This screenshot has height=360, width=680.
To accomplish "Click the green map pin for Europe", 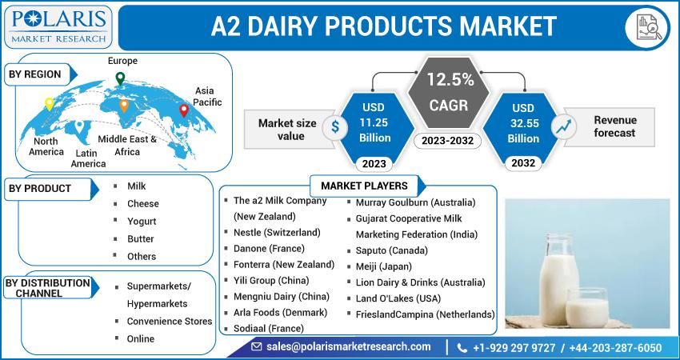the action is coord(120,78).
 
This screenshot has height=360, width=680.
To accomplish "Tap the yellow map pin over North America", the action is coord(50,104).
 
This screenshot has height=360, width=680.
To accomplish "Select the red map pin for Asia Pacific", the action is coord(184,110).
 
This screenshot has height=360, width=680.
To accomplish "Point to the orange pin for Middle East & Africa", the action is coord(124,106).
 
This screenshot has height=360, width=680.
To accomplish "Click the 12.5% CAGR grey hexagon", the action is coord(449,92).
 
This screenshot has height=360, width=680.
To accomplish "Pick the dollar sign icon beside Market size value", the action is coord(335,126).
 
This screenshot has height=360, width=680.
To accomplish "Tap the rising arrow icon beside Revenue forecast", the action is coord(563,126).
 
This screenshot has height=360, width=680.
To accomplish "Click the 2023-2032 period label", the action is coord(447,141).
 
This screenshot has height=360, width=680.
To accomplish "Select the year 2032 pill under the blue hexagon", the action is coord(523,163).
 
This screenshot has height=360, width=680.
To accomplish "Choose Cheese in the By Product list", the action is coord(142,204).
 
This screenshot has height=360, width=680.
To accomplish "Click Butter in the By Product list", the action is coord(141,239).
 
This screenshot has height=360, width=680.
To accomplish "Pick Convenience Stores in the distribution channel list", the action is coord(170,322).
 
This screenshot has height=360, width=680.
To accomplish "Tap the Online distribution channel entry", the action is coord(141,338).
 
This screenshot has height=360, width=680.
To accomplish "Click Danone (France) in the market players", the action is coord(269,249).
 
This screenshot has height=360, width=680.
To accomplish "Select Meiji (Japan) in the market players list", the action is coord(384,266).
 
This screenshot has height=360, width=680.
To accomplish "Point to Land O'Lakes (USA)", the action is coord(398,298).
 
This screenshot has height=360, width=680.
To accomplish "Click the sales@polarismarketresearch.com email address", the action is coord(349,347).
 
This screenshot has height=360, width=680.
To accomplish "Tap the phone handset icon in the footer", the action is coord(462,348).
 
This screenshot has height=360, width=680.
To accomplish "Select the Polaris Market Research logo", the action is coord(59,26).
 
